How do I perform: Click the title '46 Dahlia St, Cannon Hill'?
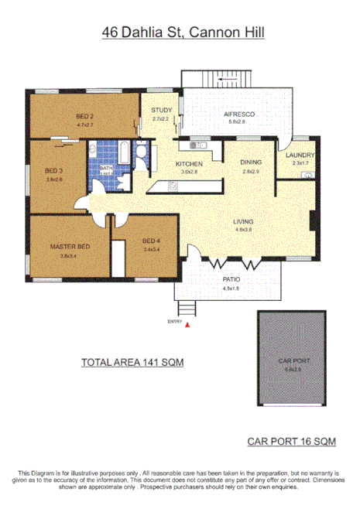coord(180,32)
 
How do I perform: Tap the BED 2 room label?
coord(84,117)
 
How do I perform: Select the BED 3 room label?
coord(53,170)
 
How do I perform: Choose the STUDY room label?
coord(161,111)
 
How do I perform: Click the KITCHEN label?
coord(189,164)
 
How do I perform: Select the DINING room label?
coord(250,162)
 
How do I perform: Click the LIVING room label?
coord(244,222)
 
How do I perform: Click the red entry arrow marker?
coord(187,326)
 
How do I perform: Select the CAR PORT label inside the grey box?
coord(293,360)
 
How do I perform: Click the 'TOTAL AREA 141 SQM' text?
coord(132,361)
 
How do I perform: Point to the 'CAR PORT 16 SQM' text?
coord(291,442)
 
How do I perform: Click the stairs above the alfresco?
coord(228,78)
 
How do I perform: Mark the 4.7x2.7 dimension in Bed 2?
coord(84,125)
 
